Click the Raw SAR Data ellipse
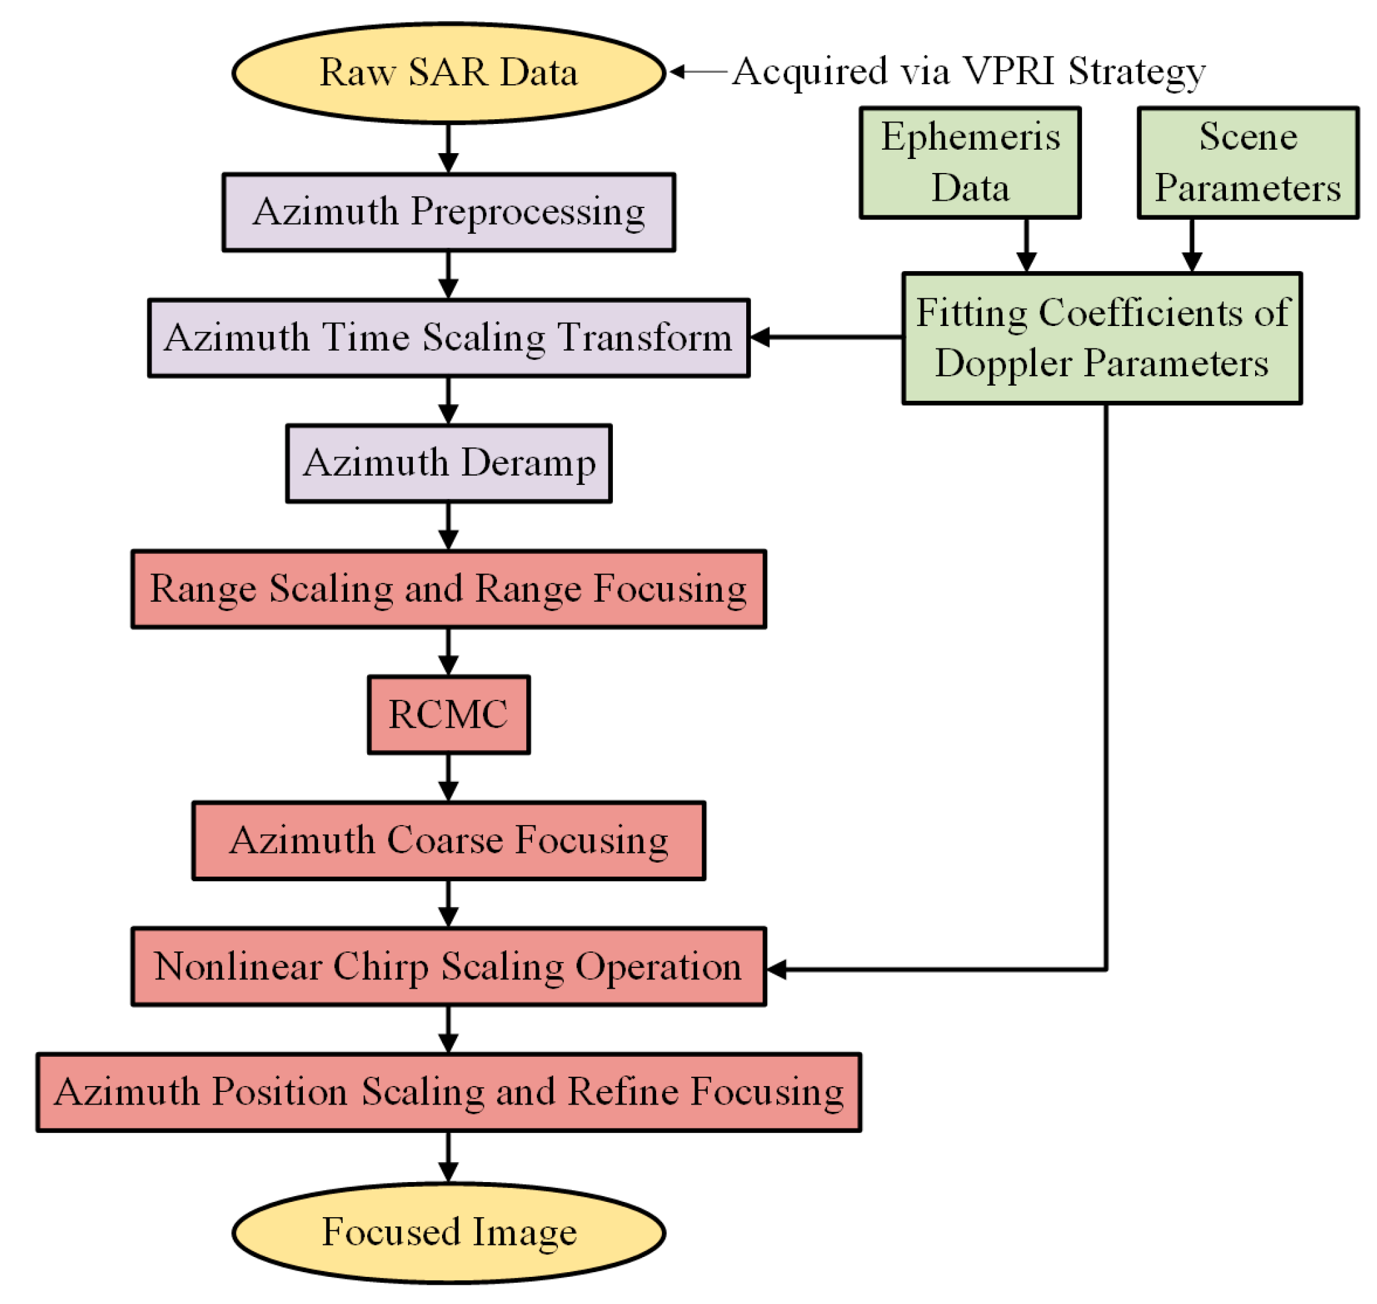449,73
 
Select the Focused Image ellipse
449,1232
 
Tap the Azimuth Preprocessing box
449,212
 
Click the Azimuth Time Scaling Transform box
449,338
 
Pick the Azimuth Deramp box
449,463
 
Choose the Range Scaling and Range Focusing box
449,589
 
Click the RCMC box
449,714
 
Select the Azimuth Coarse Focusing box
449,840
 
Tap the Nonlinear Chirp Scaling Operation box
449,965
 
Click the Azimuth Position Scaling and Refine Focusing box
449,1091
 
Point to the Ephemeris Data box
969,162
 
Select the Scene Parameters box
1248,162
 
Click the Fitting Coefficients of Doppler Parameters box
1102,338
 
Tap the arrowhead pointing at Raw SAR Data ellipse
677,72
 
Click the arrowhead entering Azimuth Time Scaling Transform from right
761,337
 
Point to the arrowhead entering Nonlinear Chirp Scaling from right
777,968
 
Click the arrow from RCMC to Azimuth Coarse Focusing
449,777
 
